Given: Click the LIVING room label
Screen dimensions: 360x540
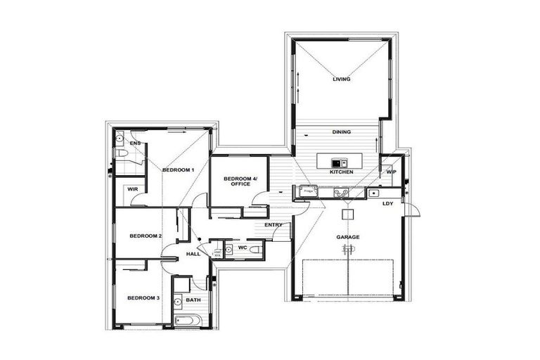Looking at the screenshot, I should point(341,79).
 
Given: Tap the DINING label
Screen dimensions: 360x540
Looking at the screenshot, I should point(342,132).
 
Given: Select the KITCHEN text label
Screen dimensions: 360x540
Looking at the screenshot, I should point(341,172).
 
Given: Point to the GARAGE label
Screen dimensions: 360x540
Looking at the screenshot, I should point(347,237).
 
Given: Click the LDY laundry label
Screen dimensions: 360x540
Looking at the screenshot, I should point(387,204).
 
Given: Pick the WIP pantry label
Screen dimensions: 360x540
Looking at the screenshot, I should point(391,172).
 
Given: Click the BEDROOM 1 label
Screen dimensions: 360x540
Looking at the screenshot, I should point(178,170).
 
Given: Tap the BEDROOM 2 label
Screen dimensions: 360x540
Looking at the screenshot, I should point(146,236).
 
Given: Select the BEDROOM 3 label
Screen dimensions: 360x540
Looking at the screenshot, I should point(143,298).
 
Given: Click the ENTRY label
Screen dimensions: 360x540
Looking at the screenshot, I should point(274,225).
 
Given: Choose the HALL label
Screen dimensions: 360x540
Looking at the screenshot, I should point(193,253).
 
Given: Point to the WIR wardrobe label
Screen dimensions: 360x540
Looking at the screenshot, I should point(132,189).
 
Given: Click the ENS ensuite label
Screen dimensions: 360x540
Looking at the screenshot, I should point(135,143).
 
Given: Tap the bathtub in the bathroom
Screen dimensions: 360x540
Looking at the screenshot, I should point(188,322).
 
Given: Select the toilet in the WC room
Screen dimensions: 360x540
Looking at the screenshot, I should point(256,249).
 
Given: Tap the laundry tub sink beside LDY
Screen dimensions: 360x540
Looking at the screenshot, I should point(374,193).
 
